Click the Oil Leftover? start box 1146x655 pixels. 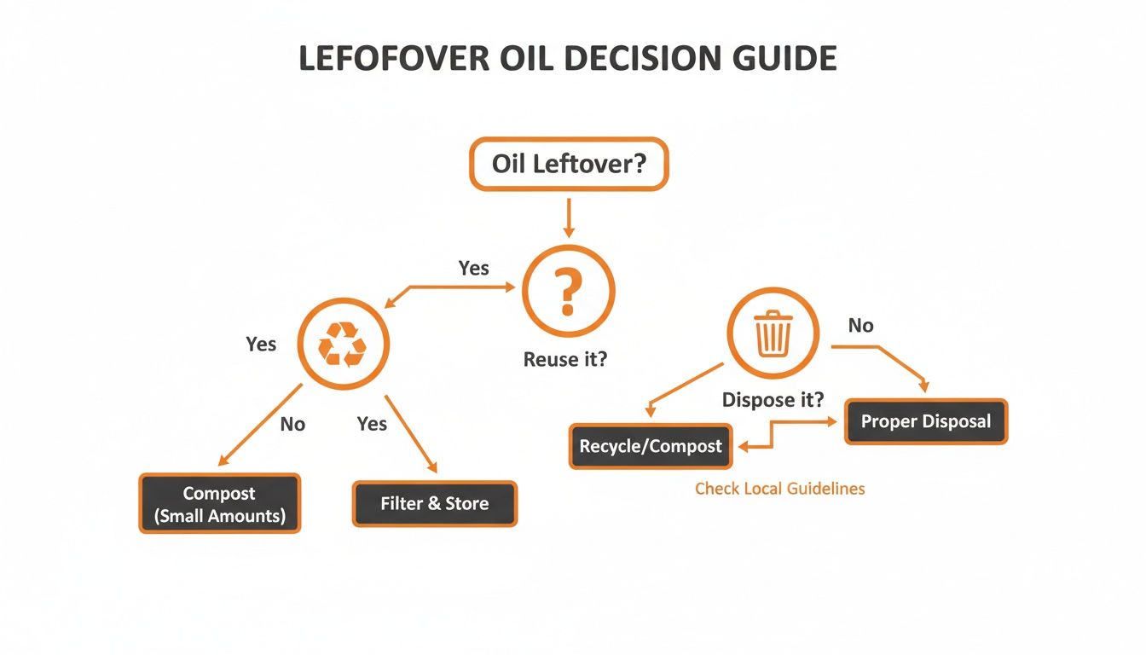coord(569,163)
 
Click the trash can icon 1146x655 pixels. coord(773,333)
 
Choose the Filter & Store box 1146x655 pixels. coord(434,503)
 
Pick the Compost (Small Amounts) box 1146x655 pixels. coord(220,504)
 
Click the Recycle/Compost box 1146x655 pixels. coord(650,446)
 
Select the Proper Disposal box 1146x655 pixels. coord(925,421)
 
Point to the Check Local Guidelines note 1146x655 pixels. coord(779,489)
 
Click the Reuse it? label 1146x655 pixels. coord(565,359)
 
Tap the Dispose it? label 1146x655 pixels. coord(773,399)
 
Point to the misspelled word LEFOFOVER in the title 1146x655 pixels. coord(394,58)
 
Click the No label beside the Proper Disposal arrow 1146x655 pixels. coord(861,325)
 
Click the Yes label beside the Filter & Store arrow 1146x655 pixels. coord(372,424)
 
